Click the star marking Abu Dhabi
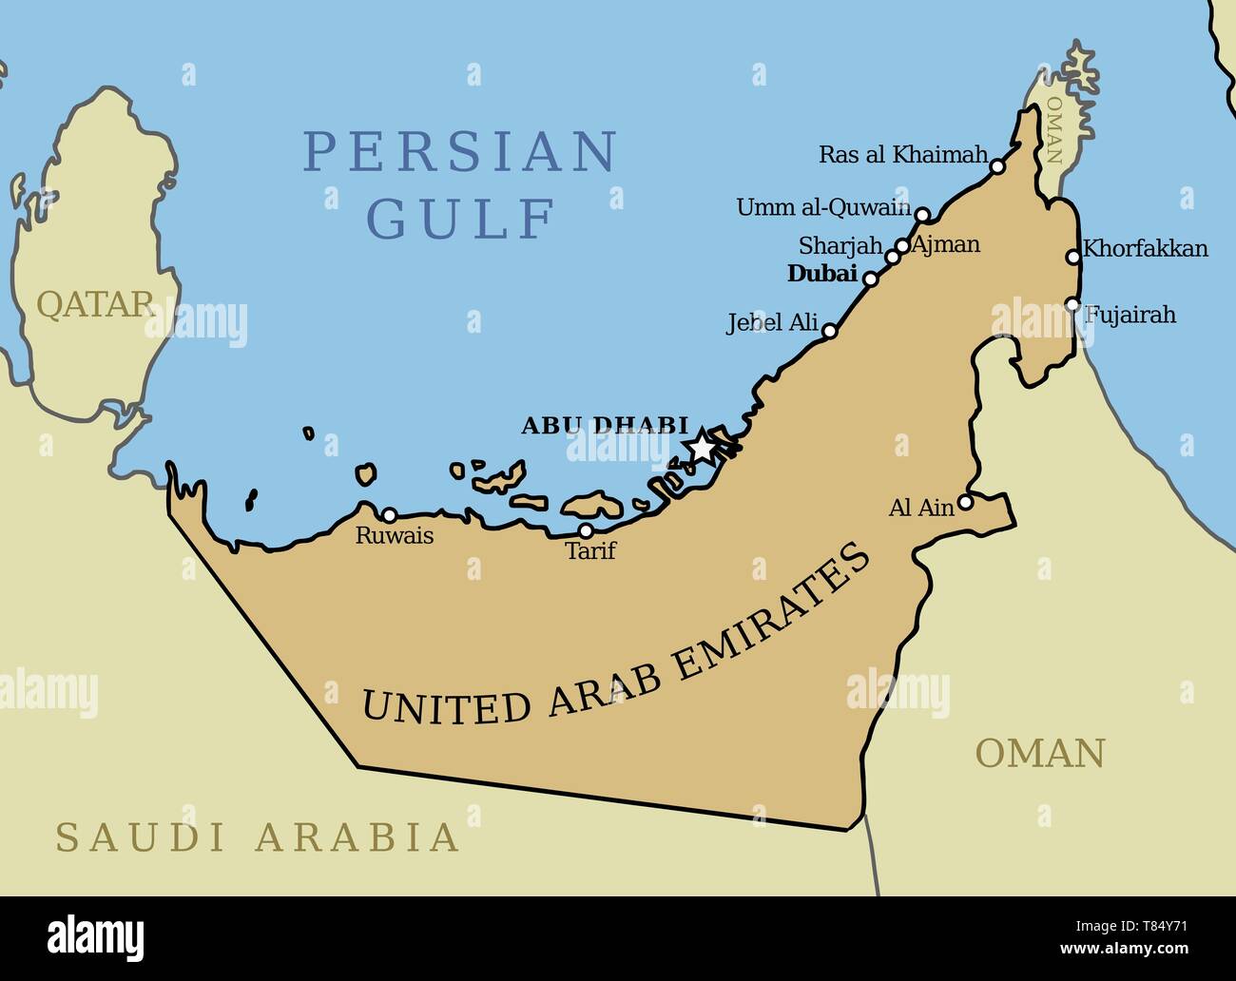click(701, 445)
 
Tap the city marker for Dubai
click(870, 279)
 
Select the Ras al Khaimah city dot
click(997, 166)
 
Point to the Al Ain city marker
click(965, 502)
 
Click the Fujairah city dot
click(1072, 305)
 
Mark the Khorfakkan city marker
click(1073, 256)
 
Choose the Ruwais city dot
click(389, 514)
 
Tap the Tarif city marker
click(587, 530)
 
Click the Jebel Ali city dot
click(829, 331)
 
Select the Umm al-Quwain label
click(823, 207)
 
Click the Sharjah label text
click(840, 246)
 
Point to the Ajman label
click(945, 244)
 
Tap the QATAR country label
click(95, 304)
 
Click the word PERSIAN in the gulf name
click(461, 151)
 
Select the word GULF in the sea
click(461, 219)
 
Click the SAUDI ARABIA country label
click(258, 837)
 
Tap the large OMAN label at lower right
click(1040, 753)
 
